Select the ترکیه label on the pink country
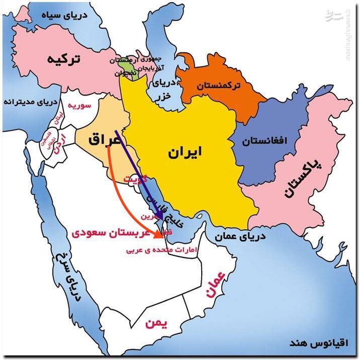[64, 59]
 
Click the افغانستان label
[265, 141]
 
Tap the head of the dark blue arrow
[161, 220]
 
